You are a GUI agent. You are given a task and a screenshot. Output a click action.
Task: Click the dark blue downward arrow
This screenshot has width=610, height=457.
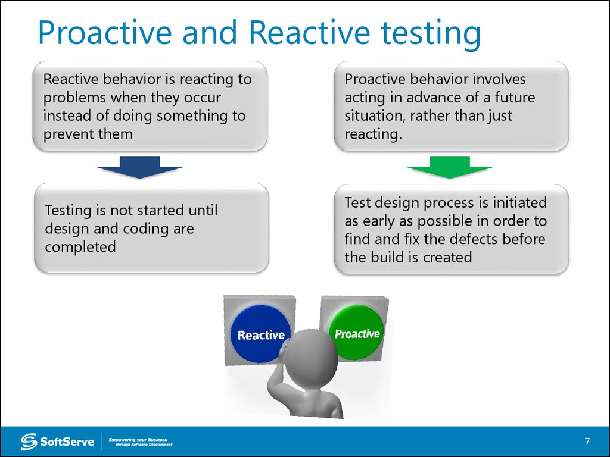[x=139, y=167]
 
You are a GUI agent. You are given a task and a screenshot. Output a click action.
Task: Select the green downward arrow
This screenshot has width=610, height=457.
[x=450, y=167]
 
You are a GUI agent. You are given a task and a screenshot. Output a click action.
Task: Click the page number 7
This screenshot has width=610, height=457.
[x=587, y=442]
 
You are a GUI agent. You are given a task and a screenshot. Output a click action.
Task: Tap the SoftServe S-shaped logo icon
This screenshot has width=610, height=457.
[x=29, y=442]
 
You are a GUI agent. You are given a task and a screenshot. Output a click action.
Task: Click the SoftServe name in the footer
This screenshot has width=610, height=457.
[x=67, y=442]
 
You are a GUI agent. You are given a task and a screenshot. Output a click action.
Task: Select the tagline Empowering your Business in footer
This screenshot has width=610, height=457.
[x=138, y=440]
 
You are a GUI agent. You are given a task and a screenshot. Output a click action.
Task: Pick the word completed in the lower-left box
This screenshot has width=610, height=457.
[x=80, y=247]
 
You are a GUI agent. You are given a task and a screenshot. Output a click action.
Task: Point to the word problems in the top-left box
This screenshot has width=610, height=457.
[x=74, y=98]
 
